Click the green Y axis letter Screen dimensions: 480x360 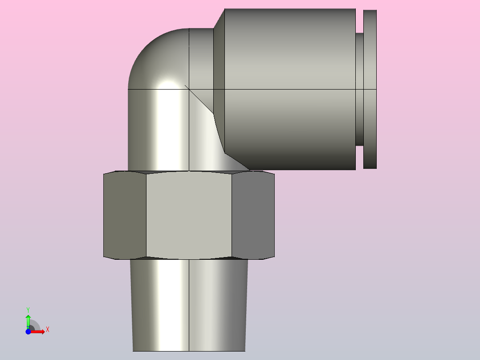coord(28,310)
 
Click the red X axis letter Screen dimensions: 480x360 coord(48,330)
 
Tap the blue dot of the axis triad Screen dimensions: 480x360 coord(28,331)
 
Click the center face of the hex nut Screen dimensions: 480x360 coord(189,215)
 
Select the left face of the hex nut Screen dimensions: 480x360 coord(125,215)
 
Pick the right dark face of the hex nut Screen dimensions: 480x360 coord(253,215)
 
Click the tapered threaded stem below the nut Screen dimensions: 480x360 coord(189,305)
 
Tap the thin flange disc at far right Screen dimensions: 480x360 coord(370,89)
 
